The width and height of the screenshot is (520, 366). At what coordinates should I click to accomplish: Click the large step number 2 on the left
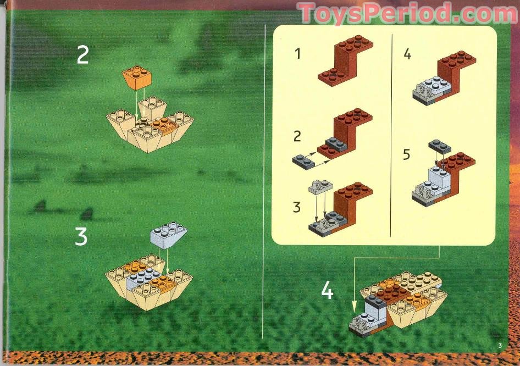82,55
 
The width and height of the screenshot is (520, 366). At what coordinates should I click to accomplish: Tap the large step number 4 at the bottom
327,291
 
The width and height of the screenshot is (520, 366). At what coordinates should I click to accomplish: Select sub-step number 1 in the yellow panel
297,54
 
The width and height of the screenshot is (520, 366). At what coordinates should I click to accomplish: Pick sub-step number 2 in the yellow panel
297,135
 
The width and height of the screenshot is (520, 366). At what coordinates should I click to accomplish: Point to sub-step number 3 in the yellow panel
297,208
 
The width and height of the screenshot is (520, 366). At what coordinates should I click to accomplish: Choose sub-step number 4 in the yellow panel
407,55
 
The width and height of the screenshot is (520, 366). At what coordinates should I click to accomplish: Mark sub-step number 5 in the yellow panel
406,154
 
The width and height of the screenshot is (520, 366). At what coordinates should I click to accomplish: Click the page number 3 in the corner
500,346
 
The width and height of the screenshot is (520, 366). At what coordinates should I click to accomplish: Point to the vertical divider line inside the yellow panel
390,135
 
